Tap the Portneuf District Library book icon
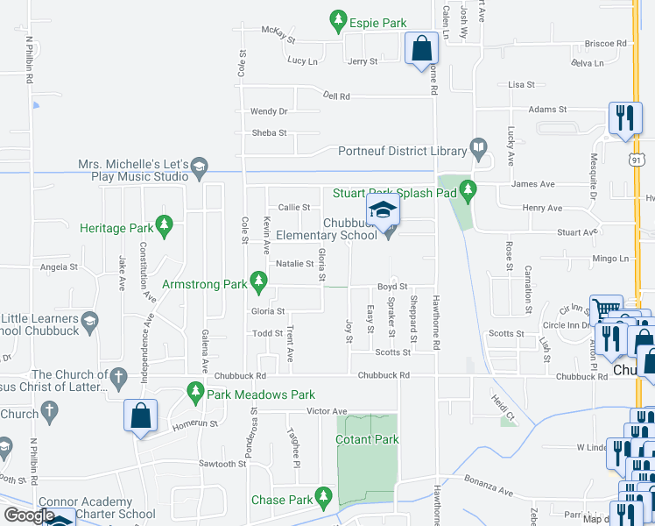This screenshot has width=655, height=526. point(478,146)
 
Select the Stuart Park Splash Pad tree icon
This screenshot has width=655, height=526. point(468,188)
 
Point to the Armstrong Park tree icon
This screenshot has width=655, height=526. point(257,281)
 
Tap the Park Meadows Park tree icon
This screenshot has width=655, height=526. point(195,395)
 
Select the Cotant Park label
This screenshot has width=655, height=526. point(368,439)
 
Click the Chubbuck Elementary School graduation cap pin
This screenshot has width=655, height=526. point(384,210)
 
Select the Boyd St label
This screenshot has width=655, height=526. point(392,287)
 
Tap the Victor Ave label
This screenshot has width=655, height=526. point(327,411)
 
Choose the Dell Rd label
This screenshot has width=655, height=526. point(336,96)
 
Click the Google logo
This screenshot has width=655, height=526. point(29,515)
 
